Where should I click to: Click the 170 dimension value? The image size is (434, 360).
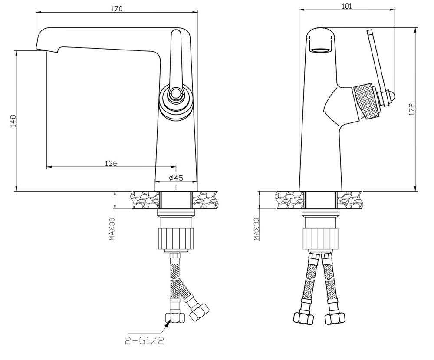116,9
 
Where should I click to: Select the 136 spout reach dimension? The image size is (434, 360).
111,163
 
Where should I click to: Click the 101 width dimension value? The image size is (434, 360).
346,6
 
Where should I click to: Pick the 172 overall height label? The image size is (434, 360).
412,109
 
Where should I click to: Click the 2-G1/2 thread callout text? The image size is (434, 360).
144,340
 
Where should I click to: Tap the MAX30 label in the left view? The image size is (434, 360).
112,228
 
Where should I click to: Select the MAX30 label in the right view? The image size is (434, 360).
256,228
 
